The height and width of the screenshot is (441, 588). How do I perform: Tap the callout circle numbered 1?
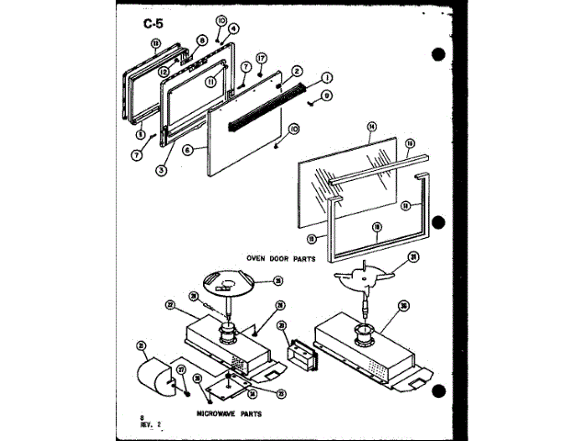click(x=326, y=79)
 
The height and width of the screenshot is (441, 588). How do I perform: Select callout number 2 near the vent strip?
click(x=297, y=71)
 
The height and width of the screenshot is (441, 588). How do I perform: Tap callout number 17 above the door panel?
click(x=261, y=58)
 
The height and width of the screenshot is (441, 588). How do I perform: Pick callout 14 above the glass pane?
click(x=372, y=125)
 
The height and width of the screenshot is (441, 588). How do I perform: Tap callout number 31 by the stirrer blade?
click(x=413, y=256)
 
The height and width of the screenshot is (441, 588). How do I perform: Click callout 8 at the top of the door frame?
click(x=201, y=40)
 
